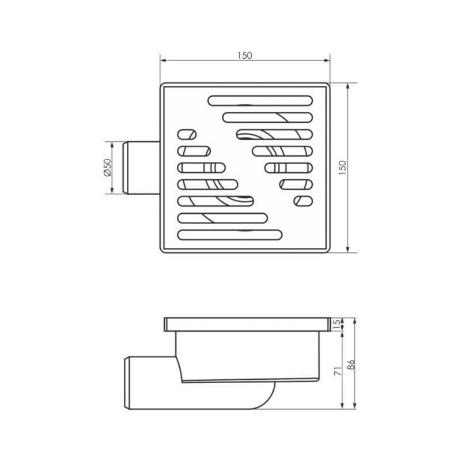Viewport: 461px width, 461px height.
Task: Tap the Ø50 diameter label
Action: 108,168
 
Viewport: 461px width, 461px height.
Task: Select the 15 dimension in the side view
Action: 338,324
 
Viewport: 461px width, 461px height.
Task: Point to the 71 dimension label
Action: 338,371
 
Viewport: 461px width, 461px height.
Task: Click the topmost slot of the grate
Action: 260,100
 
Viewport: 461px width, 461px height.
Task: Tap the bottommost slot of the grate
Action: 230,235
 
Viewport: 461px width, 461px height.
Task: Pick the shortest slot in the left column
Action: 187,134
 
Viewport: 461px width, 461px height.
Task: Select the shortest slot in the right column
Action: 304,201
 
